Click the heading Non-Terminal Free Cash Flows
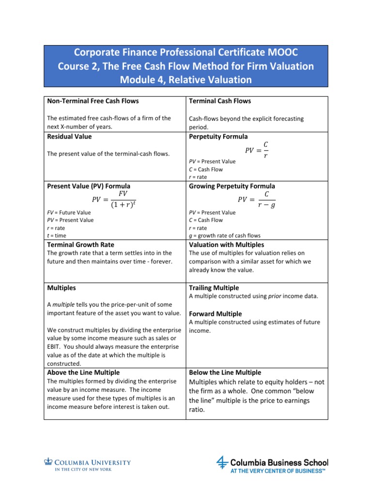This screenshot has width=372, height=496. pos(93,101)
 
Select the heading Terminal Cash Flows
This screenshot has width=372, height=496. pos(219,101)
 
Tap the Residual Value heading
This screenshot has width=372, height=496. pos(69,137)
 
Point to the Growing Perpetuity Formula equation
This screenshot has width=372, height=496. pos(256,199)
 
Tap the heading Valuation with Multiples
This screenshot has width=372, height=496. pos(226,245)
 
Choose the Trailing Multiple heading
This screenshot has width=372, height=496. pos(214,288)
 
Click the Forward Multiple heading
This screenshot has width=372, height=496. pos(216,313)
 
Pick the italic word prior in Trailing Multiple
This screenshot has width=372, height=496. pos(275,296)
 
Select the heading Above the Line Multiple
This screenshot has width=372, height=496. pos(83,372)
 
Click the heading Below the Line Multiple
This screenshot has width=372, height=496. pos(225,372)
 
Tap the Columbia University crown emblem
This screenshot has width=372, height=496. pos(47,462)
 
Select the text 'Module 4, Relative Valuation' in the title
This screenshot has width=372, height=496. pos(186,79)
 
